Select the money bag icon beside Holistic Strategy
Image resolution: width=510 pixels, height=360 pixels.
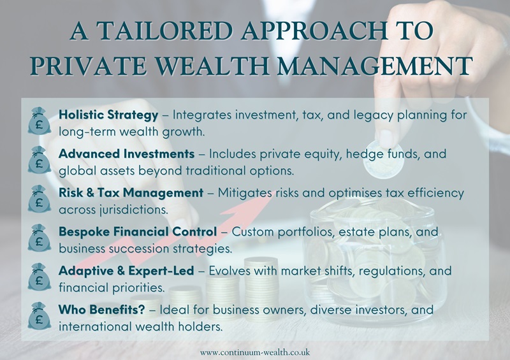pyautogui.click(x=39, y=120)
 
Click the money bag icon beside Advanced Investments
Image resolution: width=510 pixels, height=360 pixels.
pyautogui.click(x=39, y=159)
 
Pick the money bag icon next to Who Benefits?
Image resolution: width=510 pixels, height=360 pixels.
pyautogui.click(x=39, y=315)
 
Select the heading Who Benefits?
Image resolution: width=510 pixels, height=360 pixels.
pyautogui.click(x=96, y=310)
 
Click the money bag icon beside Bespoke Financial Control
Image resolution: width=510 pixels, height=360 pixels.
pyautogui.click(x=39, y=237)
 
